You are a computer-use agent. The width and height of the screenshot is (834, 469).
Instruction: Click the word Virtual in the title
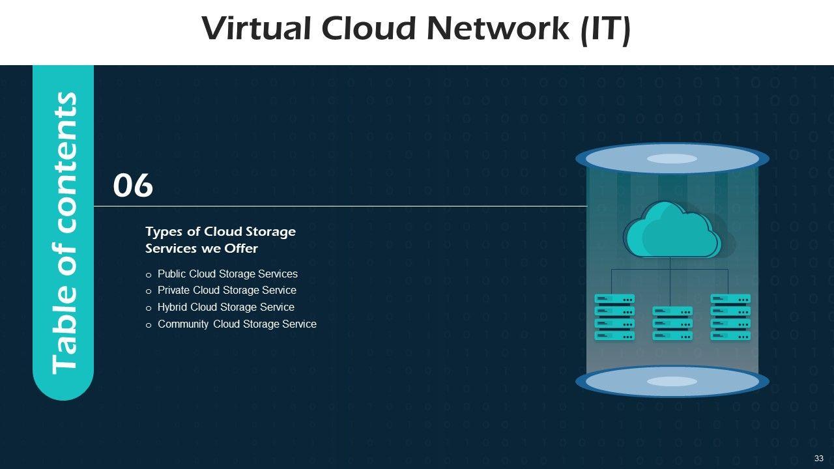point(256,28)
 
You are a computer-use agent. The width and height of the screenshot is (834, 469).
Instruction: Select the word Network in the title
point(498,28)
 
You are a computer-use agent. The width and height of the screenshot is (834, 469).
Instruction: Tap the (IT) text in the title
point(605,30)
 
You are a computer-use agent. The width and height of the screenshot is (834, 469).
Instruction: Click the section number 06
point(133,186)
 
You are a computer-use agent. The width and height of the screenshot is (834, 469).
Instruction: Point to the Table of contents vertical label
point(64,233)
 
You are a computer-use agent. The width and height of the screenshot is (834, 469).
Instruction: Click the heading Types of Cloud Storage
point(220,232)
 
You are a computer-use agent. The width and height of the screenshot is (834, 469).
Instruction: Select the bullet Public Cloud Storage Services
point(227,274)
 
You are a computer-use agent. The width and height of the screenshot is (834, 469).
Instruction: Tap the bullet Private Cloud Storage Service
point(227,291)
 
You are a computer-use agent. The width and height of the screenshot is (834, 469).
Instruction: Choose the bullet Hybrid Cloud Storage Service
point(225,307)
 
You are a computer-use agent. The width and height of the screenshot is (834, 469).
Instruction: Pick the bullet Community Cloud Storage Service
point(237,324)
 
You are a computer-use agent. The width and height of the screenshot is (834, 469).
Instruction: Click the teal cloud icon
point(672,230)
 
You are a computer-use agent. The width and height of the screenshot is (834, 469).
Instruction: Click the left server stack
point(614,317)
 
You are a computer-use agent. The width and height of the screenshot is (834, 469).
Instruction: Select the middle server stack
point(672,323)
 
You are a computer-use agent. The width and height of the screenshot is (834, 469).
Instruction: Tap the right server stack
point(730,317)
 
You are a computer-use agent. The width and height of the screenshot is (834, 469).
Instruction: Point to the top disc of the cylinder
point(672,159)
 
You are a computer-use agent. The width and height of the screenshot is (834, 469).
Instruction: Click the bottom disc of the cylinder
point(672,382)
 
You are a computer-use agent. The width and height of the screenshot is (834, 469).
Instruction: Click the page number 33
point(819,459)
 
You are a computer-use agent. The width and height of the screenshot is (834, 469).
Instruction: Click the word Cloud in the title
point(368,28)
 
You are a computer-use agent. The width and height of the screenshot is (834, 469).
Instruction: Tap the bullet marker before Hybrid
point(149,308)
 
